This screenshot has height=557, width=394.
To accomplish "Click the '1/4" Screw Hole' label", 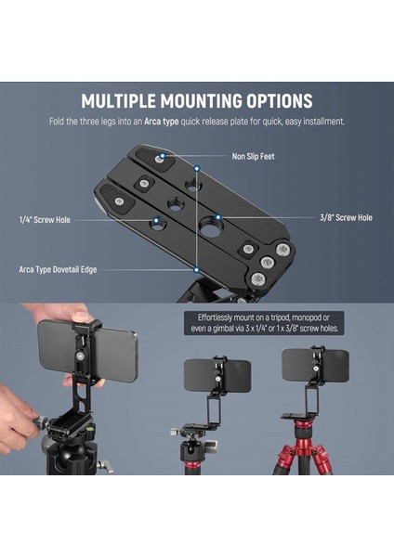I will (45, 220).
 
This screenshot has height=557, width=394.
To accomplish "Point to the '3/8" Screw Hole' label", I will (346, 217).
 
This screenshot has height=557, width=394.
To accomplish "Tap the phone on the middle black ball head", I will (217, 375).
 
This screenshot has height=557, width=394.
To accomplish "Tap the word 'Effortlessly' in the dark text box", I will (213, 317).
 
